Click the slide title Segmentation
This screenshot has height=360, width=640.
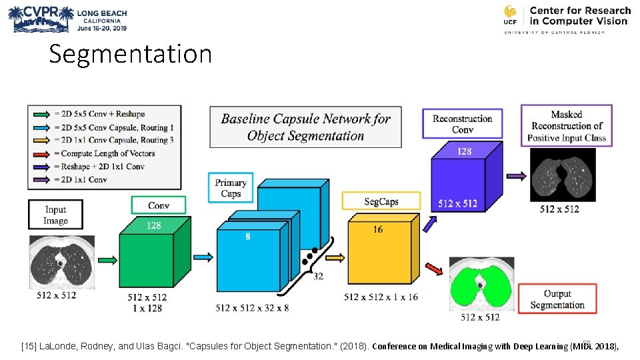(131, 54)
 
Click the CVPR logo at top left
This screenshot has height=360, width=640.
(67, 20)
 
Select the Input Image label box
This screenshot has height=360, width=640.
(55, 215)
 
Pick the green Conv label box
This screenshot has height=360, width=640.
(159, 205)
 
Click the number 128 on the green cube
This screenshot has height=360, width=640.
(153, 225)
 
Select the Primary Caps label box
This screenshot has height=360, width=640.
(231, 188)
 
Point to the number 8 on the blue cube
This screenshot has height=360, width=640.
(248, 236)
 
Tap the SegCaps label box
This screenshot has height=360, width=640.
(381, 201)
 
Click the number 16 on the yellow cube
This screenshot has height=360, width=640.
(378, 229)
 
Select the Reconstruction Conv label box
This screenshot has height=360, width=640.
(463, 124)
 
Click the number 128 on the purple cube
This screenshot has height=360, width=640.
(464, 151)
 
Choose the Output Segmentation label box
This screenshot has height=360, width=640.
(557, 299)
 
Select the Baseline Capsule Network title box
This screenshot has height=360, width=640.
(305, 127)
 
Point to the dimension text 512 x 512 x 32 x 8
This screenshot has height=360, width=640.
(252, 308)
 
